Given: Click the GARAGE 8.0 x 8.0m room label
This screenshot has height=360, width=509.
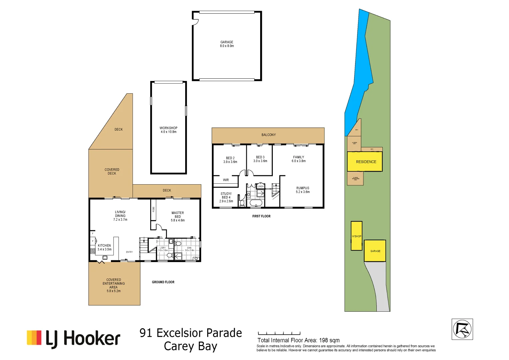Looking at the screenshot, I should point(227,44).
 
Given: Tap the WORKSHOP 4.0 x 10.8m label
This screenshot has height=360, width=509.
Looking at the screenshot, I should point(168,130).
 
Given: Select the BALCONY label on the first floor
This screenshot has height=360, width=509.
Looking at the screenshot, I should point(268,135).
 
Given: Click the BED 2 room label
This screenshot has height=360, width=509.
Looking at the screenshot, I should point(230,160).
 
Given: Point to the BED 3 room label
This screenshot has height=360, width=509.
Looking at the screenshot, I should point(260,159).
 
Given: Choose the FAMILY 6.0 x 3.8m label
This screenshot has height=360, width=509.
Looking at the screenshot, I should point(298,159).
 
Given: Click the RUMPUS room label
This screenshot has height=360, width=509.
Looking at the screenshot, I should point(302,190).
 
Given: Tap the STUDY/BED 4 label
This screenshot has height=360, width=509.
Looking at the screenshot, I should point(226,197).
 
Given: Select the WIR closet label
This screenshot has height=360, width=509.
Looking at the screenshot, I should point(226,180).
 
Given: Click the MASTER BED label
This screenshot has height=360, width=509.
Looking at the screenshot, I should point(178,216).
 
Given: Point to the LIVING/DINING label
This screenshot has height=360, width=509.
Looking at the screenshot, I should point(120,216).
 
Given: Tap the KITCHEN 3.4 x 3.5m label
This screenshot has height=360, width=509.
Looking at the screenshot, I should point(104,247).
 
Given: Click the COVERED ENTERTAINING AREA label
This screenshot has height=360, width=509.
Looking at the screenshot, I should point(114,285).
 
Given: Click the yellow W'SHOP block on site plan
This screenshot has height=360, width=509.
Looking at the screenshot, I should point(356,236).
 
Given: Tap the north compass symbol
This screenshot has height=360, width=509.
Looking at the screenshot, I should point(462,329).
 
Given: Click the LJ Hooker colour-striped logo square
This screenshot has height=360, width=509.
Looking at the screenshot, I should point(34,338).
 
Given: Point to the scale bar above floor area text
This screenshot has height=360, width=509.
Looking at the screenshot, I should point(279,333).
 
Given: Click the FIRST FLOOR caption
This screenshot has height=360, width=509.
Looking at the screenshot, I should point(261,216).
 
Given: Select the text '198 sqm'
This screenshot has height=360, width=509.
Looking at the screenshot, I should point(329,340).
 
